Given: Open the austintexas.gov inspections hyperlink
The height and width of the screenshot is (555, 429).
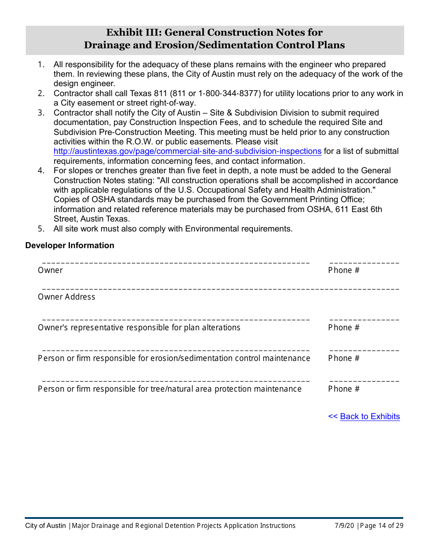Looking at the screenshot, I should click(187, 152).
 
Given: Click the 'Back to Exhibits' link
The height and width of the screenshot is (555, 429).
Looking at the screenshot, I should click(370, 416).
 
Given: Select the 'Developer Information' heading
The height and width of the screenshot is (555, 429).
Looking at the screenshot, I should click(70, 245).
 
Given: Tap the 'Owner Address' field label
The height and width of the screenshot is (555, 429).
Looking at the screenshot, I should click(66, 297).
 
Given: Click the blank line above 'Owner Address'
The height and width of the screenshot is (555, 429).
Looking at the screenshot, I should click(220, 289).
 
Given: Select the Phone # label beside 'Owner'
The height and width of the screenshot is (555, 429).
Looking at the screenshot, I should click(344, 270).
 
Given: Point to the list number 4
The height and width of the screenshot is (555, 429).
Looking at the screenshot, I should click(41, 171).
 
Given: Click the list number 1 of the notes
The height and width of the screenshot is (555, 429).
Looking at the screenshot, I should click(41, 65).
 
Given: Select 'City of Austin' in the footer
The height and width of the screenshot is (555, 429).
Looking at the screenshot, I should click(45, 526).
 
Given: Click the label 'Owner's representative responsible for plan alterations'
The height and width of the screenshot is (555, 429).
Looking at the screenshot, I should click(139, 328).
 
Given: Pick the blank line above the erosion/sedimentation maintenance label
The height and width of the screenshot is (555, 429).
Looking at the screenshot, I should click(176, 351).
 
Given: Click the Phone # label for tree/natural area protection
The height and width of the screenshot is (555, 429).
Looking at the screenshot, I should click(344, 389).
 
